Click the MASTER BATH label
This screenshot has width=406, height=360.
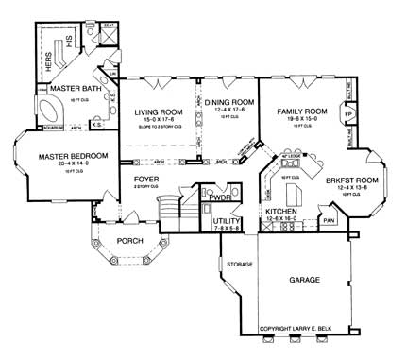tap(63, 89)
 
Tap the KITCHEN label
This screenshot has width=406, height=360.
tap(282, 212)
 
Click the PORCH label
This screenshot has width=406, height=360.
tap(128, 241)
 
